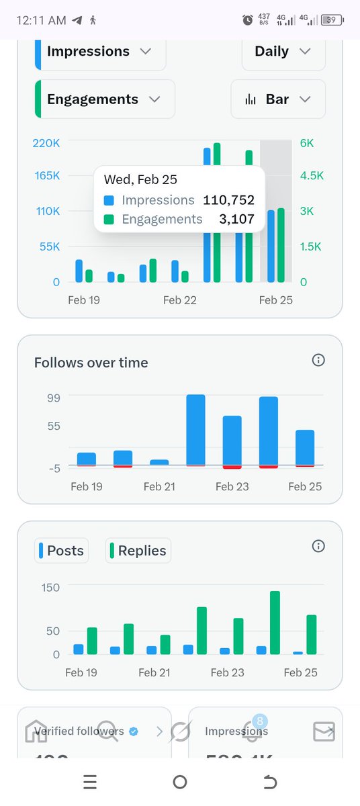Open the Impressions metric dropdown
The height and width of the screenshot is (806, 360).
tap(99, 52)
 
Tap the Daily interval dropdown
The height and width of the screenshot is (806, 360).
tap(283, 52)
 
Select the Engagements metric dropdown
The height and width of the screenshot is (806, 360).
tap(104, 99)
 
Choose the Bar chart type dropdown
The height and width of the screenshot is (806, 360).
tap(278, 99)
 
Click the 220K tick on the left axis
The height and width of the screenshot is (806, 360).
tap(46, 143)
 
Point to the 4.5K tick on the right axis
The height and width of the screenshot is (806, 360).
tap(312, 176)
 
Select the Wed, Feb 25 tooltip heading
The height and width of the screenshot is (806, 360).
tap(140, 180)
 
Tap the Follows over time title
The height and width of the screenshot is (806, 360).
tap(91, 363)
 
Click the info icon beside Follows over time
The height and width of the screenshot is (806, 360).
tap(318, 361)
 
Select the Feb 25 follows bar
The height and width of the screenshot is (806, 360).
tap(305, 447)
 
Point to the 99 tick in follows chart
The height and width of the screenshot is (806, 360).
tap(53, 398)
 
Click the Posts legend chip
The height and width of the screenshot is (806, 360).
tap(62, 551)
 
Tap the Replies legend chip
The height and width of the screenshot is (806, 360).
tap(138, 551)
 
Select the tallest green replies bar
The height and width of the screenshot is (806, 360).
tap(275, 623)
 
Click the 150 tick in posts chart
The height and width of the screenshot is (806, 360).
tap(50, 587)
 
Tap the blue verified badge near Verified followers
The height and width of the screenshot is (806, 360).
tap(134, 731)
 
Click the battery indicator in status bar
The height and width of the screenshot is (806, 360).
tap(331, 20)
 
